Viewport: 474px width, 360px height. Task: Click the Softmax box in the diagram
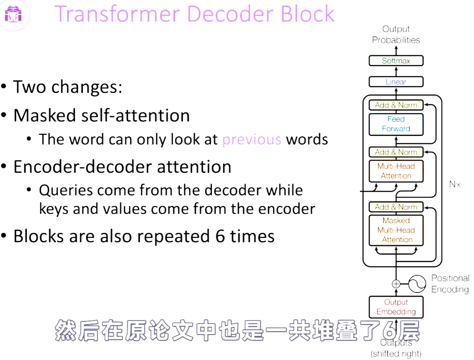coord(396,61)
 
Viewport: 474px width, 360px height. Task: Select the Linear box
coord(396,82)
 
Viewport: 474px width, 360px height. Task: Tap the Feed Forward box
coord(396,124)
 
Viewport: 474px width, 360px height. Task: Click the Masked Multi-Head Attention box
coord(396,230)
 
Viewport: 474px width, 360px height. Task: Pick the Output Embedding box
coord(396,307)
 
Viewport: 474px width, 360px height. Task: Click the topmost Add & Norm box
coord(396,105)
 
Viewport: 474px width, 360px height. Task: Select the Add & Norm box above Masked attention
coord(396,207)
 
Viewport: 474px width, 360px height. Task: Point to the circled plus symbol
coord(396,284)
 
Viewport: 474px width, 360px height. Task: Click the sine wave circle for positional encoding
coord(417,284)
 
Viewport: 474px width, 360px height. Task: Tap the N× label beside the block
coord(455,185)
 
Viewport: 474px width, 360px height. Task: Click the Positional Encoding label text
coord(450,284)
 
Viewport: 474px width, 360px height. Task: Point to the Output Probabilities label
coord(396,34)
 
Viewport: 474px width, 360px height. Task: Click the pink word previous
coord(251,139)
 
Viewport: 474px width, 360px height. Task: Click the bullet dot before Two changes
coord(4,87)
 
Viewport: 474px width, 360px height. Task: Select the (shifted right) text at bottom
coord(396,353)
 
